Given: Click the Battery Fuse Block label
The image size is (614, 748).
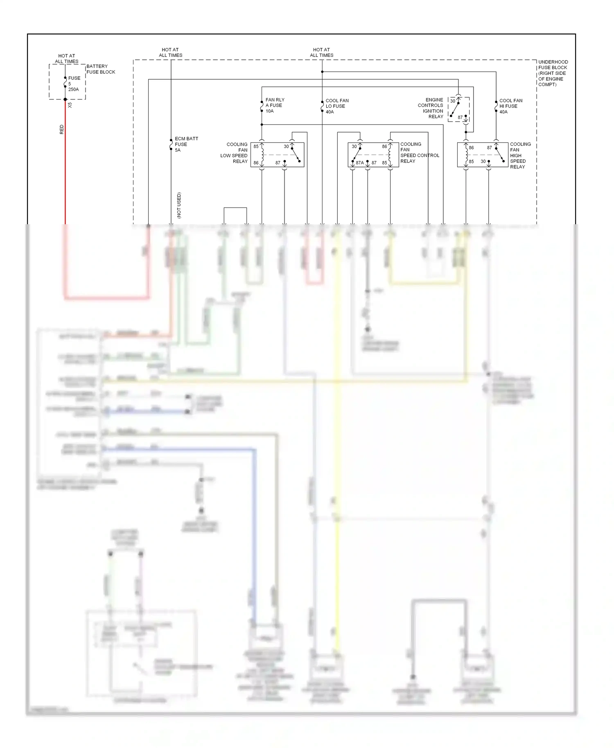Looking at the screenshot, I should [100, 69].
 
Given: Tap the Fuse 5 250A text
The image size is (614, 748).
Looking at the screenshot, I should [74, 84].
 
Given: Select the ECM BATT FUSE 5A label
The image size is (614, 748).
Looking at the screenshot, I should [186, 144].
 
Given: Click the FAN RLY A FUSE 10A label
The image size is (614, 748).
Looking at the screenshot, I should [275, 106].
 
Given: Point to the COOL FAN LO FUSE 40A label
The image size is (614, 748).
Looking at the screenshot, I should [337, 106].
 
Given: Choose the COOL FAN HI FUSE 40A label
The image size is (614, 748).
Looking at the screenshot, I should [510, 106].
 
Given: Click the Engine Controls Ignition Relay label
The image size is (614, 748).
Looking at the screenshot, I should [431, 108].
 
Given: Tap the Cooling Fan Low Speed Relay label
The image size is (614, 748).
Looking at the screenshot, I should [234, 153].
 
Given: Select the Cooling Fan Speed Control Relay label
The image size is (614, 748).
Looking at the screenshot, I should [419, 153].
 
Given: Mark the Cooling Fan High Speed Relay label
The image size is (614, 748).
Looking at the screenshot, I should [520, 155].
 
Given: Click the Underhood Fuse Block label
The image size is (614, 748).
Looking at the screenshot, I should [553, 73].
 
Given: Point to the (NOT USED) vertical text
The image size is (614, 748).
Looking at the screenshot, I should [179, 205].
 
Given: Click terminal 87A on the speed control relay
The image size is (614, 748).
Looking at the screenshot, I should [359, 163].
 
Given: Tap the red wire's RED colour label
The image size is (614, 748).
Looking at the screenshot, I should [62, 130].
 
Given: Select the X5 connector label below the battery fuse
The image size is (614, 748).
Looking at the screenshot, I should [70, 105].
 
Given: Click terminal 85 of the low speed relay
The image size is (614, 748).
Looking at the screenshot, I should [256, 146].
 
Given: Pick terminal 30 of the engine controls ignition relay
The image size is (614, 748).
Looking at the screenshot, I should [453, 101].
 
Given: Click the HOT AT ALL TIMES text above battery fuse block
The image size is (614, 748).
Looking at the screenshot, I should [67, 59].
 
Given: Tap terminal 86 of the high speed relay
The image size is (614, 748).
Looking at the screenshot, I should [471, 148].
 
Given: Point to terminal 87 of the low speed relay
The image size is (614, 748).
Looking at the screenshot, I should [278, 163].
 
